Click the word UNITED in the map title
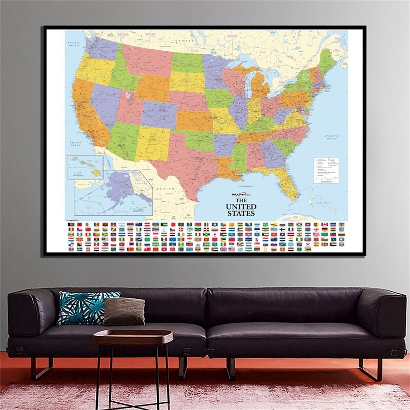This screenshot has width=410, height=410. tap(240, 207)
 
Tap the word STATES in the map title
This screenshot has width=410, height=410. tap(240, 213)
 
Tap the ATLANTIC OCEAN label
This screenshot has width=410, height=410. tap(332, 137)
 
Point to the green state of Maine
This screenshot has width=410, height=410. tap(327, 59)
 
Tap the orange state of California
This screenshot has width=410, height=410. tap(87, 110)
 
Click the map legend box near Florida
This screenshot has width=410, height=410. tap(326, 170)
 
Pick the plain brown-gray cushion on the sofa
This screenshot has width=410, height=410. tap(124, 311)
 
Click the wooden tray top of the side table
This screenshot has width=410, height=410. tap(133, 337)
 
